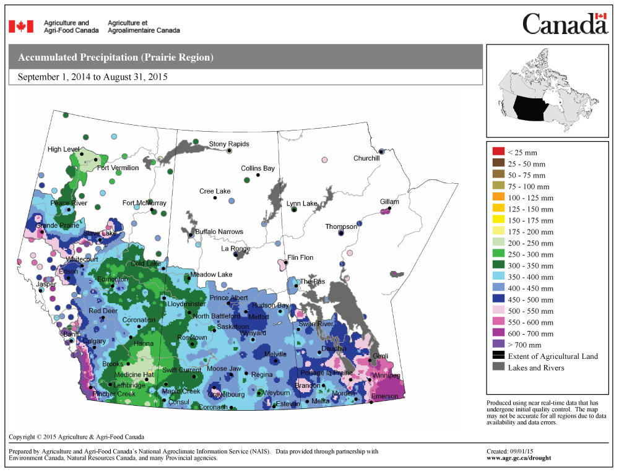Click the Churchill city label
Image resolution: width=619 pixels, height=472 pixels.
pos(366,158)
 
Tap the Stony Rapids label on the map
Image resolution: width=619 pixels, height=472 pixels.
pos(228,144)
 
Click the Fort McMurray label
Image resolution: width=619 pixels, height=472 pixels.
pos(144,203)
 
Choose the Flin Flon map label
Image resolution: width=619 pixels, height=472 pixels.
pos(300,257)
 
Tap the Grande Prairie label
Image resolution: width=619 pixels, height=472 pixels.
pos(58,226)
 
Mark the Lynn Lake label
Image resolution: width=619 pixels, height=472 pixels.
pos(301,204)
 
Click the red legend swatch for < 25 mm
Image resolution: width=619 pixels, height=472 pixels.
pos(498,152)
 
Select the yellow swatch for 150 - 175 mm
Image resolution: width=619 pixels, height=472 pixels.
pos(498,220)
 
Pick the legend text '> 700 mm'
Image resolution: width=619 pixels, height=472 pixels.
pos(524,345)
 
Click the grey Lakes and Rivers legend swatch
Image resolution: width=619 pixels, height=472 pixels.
pos(498,367)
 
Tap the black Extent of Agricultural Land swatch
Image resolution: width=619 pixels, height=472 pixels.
pos(498,356)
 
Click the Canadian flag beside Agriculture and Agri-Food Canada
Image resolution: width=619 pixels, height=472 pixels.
pos(20,27)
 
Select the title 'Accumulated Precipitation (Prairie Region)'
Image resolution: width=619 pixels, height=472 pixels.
pos(116,58)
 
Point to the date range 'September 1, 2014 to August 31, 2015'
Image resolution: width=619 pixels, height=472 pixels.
pos(93,77)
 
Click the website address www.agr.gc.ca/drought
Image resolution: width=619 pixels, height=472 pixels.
pos(519,458)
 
